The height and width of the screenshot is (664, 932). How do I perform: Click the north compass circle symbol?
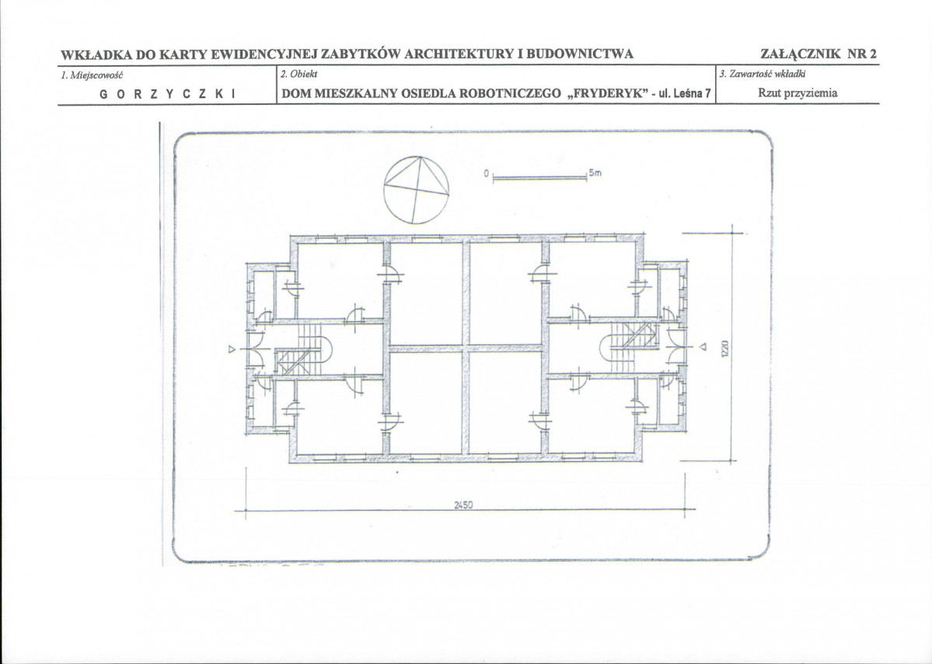pyautogui.click(x=417, y=158)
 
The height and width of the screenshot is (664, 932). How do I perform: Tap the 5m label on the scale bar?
pyautogui.click(x=595, y=173)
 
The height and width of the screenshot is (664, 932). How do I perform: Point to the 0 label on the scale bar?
pyautogui.click(x=486, y=173)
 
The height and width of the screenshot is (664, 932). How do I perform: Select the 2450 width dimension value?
pyautogui.click(x=463, y=505)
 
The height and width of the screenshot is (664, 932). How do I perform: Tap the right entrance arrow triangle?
pyautogui.click(x=702, y=347)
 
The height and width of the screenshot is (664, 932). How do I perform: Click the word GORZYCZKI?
pyautogui.click(x=168, y=94)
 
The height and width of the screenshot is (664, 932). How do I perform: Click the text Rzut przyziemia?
pyautogui.click(x=798, y=93)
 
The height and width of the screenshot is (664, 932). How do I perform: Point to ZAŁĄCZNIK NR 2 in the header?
pyautogui.click(x=819, y=54)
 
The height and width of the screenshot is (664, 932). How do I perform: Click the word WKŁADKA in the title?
pyautogui.click(x=96, y=54)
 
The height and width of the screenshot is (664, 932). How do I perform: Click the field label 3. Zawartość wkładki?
pyautogui.click(x=762, y=75)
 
